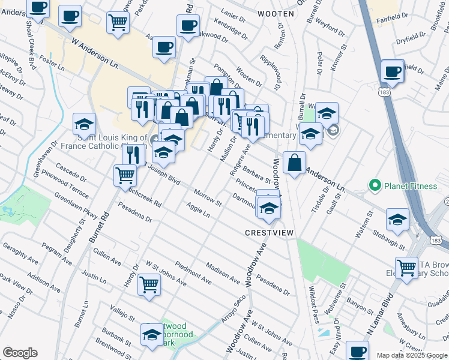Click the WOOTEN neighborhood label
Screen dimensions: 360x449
[x=276, y=13]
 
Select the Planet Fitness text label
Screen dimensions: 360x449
[x=411, y=186]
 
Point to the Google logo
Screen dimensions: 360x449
[x=20, y=353]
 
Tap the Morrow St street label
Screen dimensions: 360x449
[x=208, y=198]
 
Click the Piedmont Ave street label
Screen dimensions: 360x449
[x=193, y=273]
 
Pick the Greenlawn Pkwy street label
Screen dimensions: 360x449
[x=76, y=206]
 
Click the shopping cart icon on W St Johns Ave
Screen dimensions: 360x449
[x=149, y=284]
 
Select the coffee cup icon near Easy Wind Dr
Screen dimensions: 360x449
[x=358, y=351]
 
